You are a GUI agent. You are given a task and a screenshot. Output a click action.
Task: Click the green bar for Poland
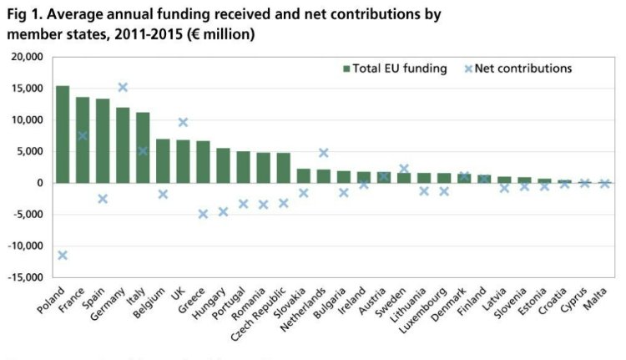[63, 134]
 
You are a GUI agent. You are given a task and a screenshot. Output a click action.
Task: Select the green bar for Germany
[123, 145]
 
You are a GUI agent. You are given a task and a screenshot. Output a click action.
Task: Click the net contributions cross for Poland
[63, 255]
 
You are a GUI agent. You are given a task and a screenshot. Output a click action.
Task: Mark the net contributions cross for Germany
[123, 87]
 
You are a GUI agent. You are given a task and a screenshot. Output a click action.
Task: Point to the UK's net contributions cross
[183, 123]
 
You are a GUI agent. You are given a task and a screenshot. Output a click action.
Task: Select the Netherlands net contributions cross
[323, 153]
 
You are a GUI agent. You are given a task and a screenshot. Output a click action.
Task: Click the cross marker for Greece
[203, 214]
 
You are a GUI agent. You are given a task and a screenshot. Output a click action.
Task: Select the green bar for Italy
[143, 148]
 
